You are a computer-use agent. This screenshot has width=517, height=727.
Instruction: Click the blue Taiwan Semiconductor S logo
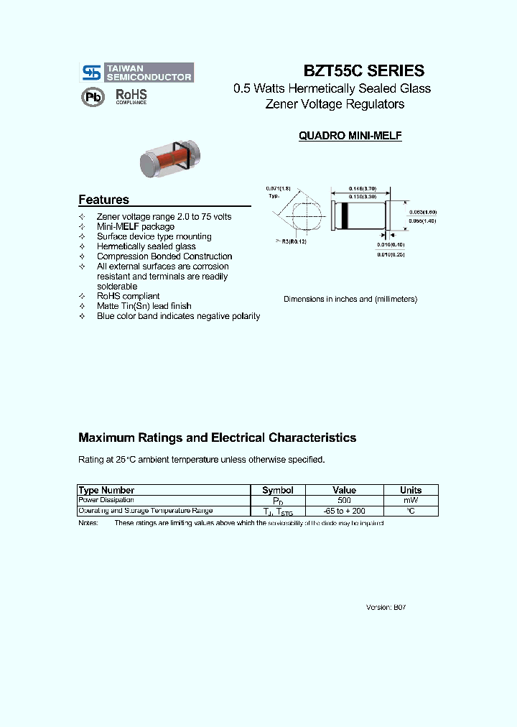click(90, 73)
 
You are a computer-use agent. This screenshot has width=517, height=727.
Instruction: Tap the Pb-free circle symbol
click(92, 97)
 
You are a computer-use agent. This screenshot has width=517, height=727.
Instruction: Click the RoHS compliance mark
click(131, 97)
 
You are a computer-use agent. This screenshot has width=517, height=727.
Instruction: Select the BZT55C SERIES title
click(364, 71)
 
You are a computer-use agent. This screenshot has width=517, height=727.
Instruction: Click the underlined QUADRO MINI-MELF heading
click(350, 136)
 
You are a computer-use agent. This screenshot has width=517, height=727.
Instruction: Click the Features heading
click(103, 200)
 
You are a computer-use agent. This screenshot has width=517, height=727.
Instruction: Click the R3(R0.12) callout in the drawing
click(290, 241)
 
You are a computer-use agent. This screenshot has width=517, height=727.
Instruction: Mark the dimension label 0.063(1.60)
click(422, 212)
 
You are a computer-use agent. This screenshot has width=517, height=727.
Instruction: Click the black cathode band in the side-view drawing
click(345, 215)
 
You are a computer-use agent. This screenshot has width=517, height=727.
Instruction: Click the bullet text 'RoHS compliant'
click(128, 296)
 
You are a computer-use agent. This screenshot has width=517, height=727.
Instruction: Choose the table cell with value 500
click(344, 500)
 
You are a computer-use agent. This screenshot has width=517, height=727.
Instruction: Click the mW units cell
click(410, 500)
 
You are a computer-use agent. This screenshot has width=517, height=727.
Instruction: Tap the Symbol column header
click(277, 490)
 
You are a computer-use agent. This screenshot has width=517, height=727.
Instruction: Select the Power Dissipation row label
click(106, 500)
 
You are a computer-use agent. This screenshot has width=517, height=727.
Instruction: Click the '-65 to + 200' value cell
click(344, 511)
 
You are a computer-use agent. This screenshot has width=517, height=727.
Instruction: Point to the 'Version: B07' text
click(386, 607)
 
